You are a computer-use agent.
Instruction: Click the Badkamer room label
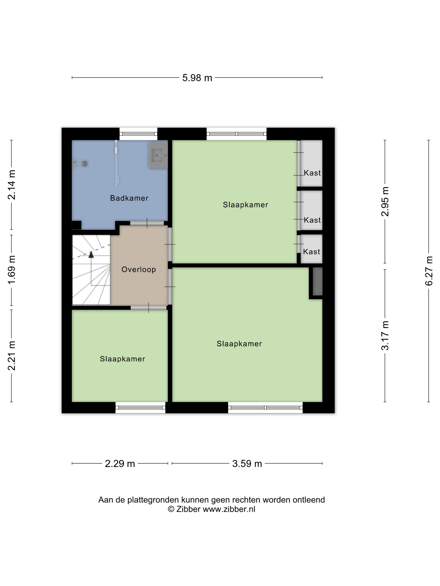tap(129, 198)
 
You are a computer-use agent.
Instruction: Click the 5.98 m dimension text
tap(197, 78)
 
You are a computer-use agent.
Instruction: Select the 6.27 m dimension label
tap(429, 271)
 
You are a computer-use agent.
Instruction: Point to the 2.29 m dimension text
tap(120, 464)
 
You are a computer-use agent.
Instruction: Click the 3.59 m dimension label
tap(247, 464)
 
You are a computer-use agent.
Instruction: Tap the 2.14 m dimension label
tap(12, 185)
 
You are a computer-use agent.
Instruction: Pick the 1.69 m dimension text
tap(12, 270)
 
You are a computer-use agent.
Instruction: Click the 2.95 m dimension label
tap(385, 202)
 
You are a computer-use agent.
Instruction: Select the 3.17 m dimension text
tap(385, 336)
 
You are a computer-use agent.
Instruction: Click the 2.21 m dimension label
tap(12, 356)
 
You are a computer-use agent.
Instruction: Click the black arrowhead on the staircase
tap(91, 254)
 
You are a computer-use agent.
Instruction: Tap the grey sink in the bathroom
tap(158, 155)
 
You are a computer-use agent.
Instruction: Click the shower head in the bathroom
tap(85, 164)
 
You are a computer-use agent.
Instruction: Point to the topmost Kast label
tap(312, 173)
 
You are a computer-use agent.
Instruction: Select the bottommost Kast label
tap(312, 252)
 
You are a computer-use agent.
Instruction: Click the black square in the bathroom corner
tap(77, 225)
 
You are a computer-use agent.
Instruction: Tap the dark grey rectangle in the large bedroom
tap(317, 281)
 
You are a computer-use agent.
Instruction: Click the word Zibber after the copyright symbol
tap(188, 509)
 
